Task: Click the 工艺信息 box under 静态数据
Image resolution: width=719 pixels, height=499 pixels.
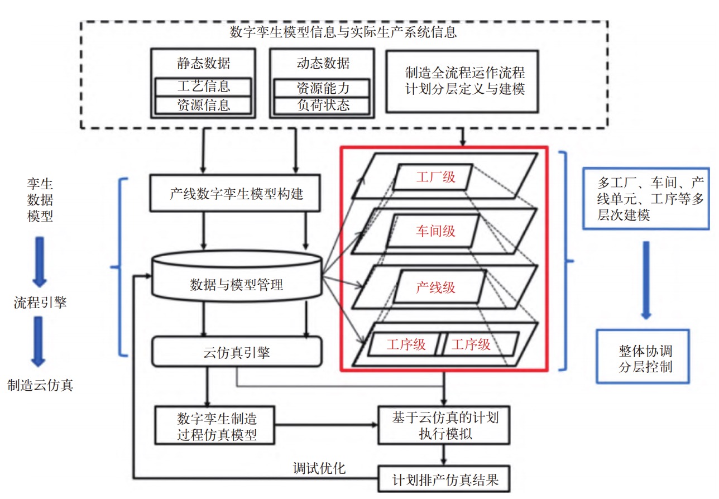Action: [203, 87]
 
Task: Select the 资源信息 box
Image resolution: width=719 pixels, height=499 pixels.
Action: [203, 105]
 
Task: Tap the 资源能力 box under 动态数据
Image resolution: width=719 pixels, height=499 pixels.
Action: [322, 88]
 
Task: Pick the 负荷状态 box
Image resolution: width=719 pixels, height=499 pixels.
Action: [322, 105]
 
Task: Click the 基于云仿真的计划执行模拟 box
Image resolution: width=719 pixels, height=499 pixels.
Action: [444, 425]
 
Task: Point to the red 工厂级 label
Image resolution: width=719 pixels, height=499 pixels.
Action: [435, 177]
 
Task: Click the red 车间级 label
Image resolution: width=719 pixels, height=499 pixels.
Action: [435, 231]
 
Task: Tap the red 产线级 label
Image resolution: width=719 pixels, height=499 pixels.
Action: [435, 287]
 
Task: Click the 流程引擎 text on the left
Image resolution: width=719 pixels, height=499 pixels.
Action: [40, 303]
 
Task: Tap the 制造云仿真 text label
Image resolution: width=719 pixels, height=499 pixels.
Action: [40, 385]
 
